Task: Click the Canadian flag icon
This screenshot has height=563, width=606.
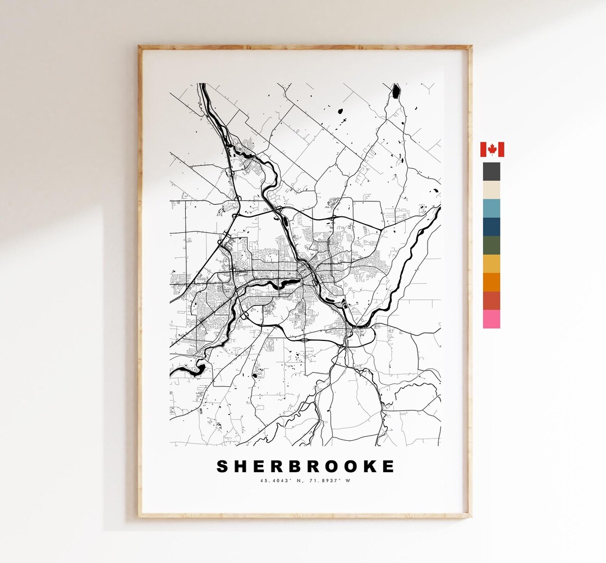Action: coord(492,150)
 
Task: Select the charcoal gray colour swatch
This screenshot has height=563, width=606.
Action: coord(492,172)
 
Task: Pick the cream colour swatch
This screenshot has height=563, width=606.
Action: coord(492,190)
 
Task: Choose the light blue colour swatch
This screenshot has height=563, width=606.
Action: coord(492,208)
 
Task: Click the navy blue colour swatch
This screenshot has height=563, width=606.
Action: coord(492,227)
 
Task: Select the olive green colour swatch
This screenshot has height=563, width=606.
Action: coord(492,245)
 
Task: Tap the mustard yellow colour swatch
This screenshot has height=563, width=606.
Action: coord(492,264)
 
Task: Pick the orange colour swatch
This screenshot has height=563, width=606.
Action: coord(492,282)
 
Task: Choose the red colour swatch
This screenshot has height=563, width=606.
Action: coord(492,301)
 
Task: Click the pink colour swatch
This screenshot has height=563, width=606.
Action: coord(492,319)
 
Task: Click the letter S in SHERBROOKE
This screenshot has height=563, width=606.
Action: coord(223,467)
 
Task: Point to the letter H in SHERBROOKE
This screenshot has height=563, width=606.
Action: coord(242,467)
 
